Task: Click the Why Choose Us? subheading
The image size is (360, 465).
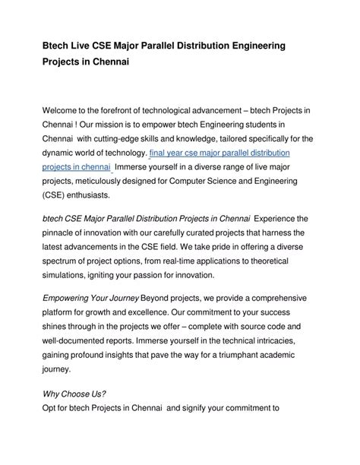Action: (x=73, y=394)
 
